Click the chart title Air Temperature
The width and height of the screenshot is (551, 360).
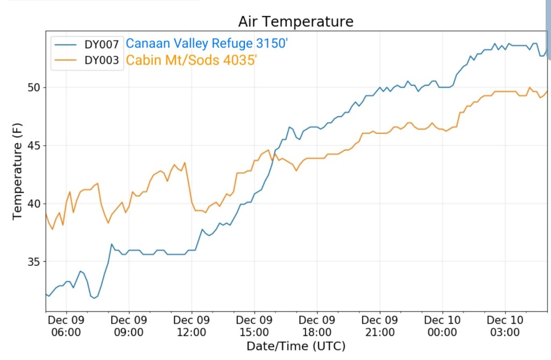pos(296,22)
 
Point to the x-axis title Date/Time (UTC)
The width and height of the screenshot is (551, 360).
pos(296,346)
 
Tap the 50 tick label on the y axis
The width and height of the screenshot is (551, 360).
pos(33,87)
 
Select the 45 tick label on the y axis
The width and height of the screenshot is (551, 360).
pos(33,145)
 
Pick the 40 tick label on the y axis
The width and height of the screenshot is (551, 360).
pos(33,203)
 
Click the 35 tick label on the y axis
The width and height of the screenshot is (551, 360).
pos(33,262)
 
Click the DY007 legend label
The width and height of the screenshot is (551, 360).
pos(102,45)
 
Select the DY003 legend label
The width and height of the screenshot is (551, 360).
pos(102,60)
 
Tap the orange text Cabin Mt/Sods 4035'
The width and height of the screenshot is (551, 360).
pos(188,60)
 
